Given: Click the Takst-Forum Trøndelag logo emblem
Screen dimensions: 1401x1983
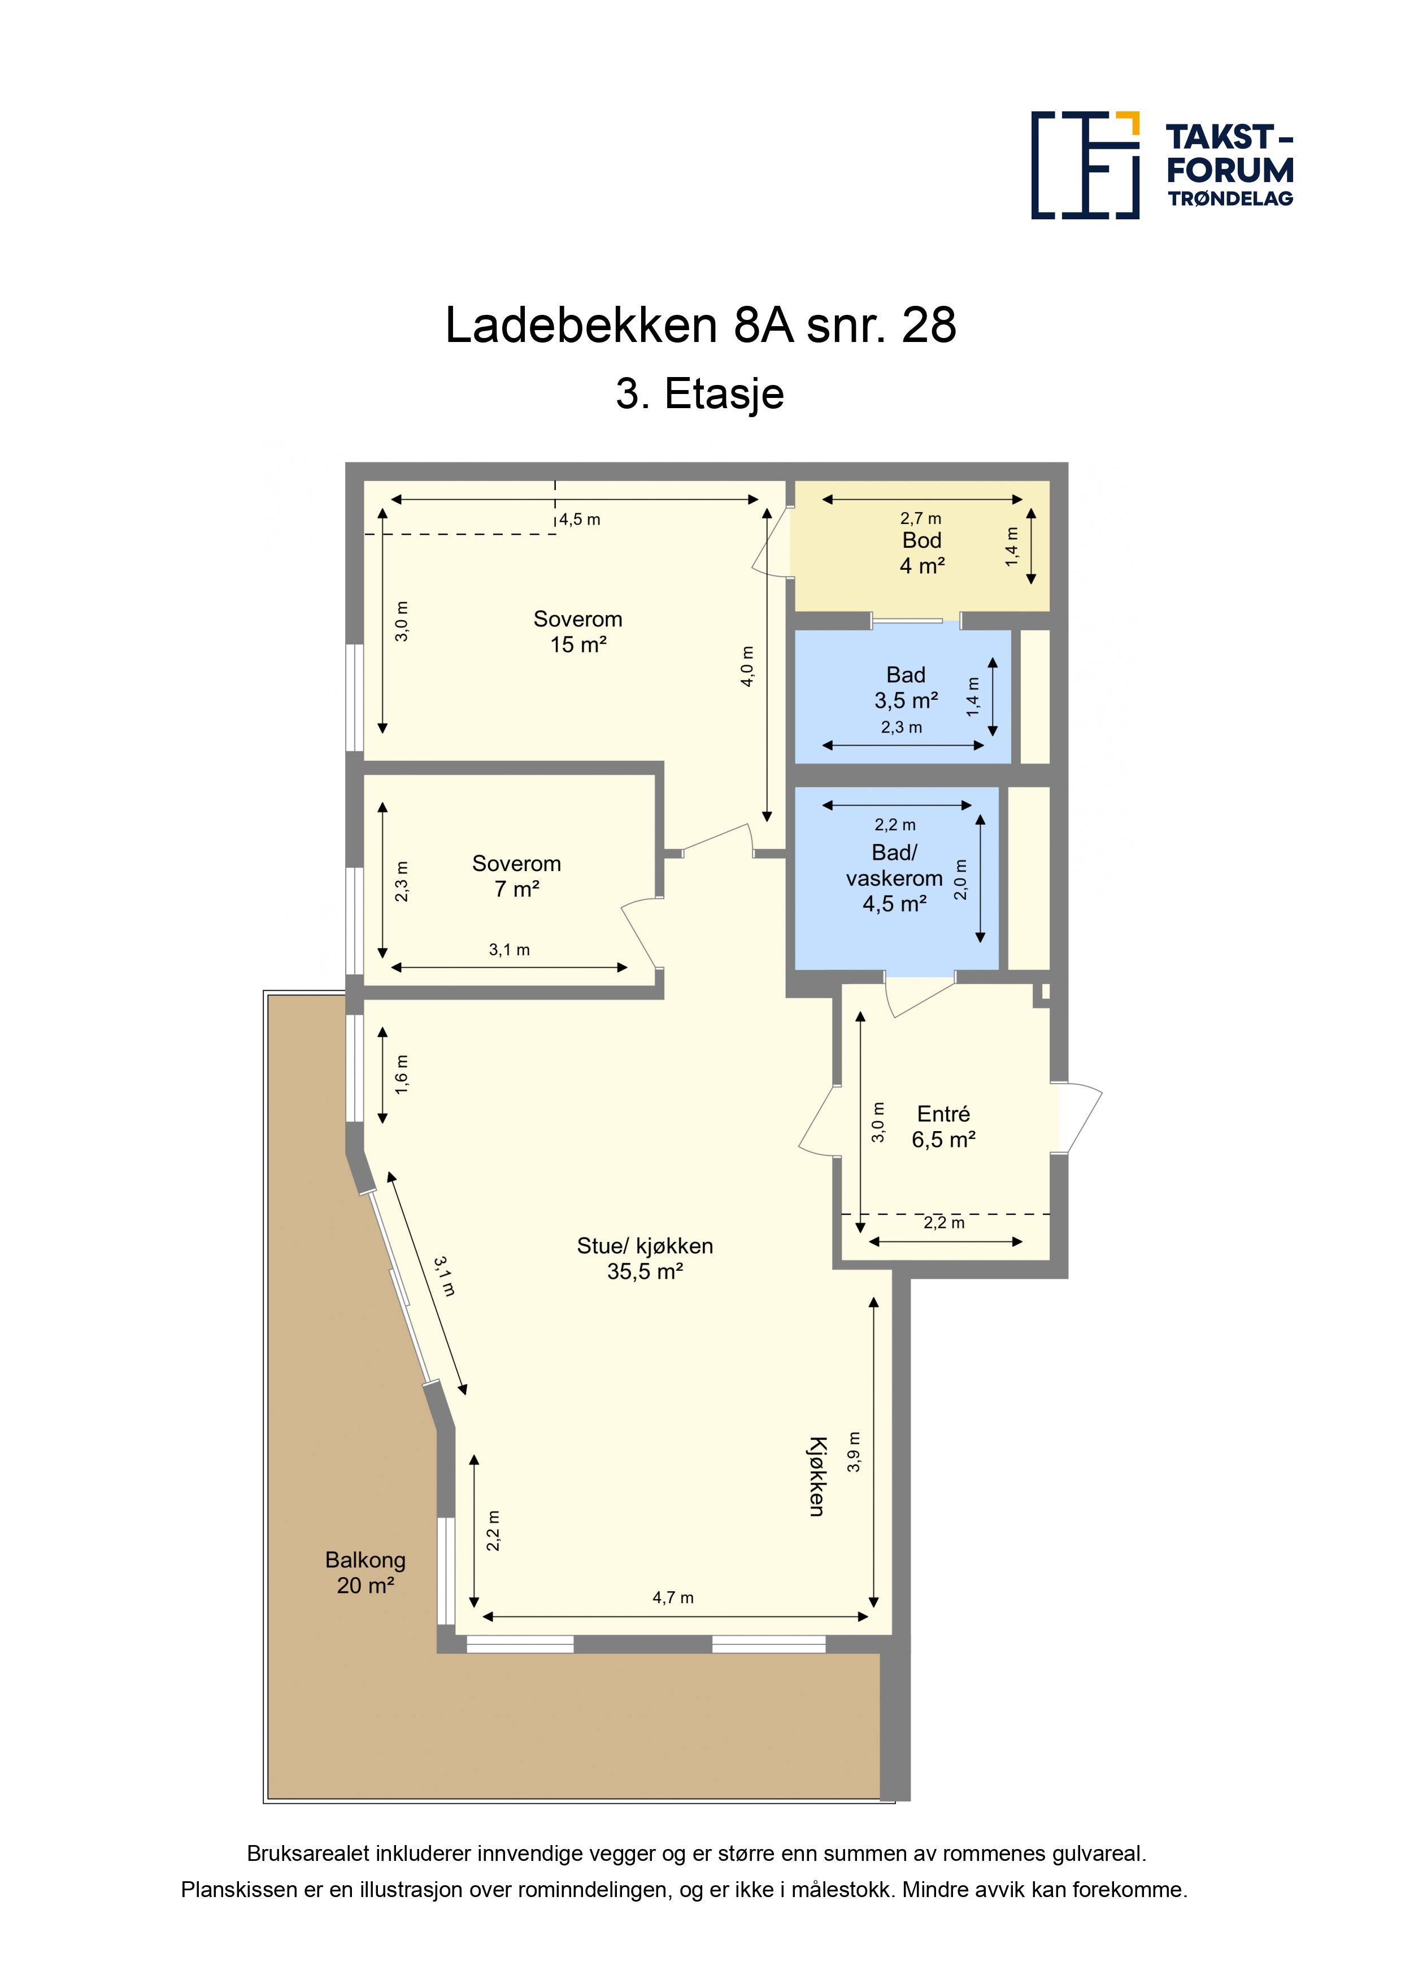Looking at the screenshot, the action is [x=1085, y=165].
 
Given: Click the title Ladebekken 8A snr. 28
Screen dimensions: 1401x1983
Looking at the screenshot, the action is [x=700, y=326].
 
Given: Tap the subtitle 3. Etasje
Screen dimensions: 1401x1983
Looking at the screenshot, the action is [x=700, y=395].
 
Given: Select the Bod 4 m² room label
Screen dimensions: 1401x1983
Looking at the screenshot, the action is [x=922, y=553].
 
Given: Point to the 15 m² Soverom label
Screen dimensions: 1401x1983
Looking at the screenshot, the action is [x=577, y=631].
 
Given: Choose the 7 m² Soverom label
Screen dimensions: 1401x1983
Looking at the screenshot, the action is [x=516, y=876].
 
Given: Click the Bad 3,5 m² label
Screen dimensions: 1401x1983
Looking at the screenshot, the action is [x=906, y=687].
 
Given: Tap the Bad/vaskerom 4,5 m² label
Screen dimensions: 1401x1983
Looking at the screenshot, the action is [x=894, y=877].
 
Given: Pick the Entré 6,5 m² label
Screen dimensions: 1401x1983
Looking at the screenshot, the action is [x=943, y=1126].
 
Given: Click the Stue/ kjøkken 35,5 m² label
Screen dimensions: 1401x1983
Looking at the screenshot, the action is [x=645, y=1258].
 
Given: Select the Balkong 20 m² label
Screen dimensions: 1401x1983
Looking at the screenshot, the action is [x=365, y=1573].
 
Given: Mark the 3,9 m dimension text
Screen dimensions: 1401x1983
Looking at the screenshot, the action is [x=854, y=1452].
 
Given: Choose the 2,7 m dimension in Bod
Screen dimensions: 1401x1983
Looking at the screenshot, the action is [x=920, y=518].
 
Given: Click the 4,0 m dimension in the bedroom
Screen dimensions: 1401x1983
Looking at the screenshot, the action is [x=747, y=666].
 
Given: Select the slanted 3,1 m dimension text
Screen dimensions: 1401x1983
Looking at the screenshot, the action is [x=443, y=1276].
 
